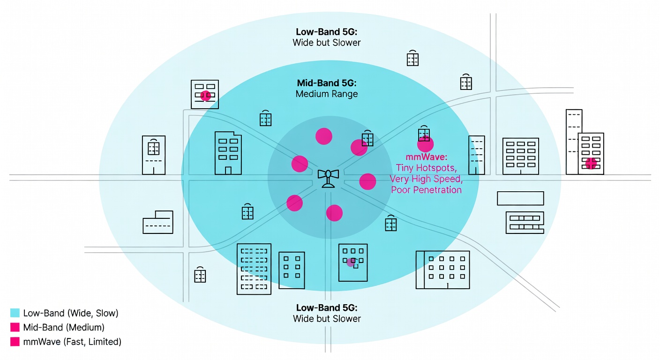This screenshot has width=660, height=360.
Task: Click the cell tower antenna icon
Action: click(328, 178)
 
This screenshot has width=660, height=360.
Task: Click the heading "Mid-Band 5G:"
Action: click(327, 83)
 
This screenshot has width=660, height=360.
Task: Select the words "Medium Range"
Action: click(327, 94)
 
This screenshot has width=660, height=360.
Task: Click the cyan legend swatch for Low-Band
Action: click(15, 313)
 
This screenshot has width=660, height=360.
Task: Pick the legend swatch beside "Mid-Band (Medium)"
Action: click(15, 327)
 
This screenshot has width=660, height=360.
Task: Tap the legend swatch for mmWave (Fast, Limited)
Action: click(15, 342)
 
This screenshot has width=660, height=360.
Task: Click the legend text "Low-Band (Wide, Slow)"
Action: click(70, 313)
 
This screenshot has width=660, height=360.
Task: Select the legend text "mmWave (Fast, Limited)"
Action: click(72, 342)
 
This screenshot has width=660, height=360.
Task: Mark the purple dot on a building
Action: click(350, 263)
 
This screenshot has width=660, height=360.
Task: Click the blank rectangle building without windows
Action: click(520, 198)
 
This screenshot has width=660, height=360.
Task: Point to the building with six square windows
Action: click(292, 270)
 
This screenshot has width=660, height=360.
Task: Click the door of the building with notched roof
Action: click(228, 170)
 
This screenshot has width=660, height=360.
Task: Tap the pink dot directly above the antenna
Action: click(324, 136)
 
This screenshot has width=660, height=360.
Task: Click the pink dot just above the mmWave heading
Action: click(426, 144)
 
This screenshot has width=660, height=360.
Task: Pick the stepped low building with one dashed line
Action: click(158, 223)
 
